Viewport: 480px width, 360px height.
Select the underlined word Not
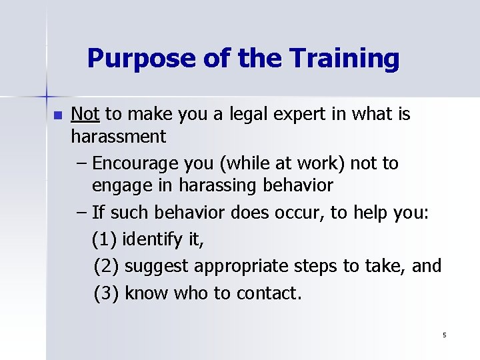(85, 115)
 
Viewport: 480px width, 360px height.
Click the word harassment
(119, 137)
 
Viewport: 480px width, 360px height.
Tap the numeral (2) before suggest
(107, 267)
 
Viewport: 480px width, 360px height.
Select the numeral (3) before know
(107, 293)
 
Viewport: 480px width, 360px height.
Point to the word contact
(268, 293)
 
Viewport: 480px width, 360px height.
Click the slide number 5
(444, 335)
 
